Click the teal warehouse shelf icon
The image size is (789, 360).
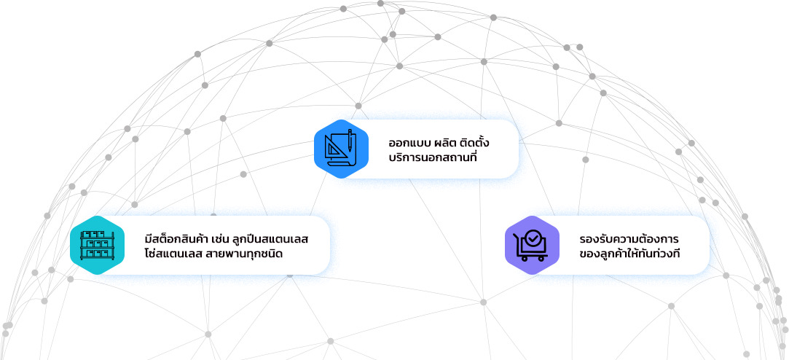tap(93, 245)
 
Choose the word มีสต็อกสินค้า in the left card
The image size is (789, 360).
tap(177, 239)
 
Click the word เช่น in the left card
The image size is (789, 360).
tap(221, 239)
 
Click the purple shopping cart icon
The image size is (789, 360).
tap(530, 244)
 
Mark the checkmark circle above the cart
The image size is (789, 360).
tap(534, 238)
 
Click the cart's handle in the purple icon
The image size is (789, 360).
tap(519, 236)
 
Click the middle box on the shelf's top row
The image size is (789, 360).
tap(93, 235)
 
